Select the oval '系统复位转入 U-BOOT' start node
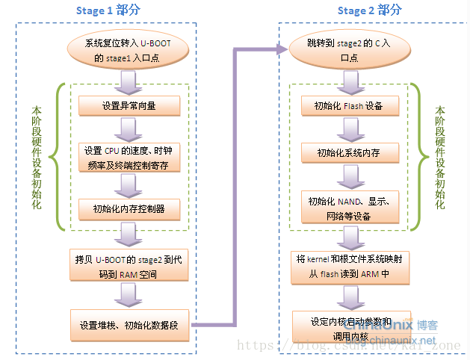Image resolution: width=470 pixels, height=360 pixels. click(x=129, y=50)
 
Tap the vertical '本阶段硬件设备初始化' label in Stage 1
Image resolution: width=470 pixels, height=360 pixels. click(x=35, y=157)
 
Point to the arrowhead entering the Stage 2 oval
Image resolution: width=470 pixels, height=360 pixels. click(x=282, y=50)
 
